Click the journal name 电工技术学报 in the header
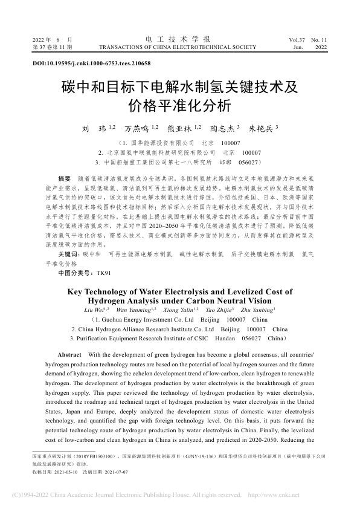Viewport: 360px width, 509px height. [x=179, y=38]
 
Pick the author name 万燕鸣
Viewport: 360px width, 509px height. [x=137, y=129]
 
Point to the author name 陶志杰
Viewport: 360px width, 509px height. [x=224, y=129]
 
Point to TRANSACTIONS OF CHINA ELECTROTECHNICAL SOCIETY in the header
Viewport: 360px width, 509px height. [x=180, y=46]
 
